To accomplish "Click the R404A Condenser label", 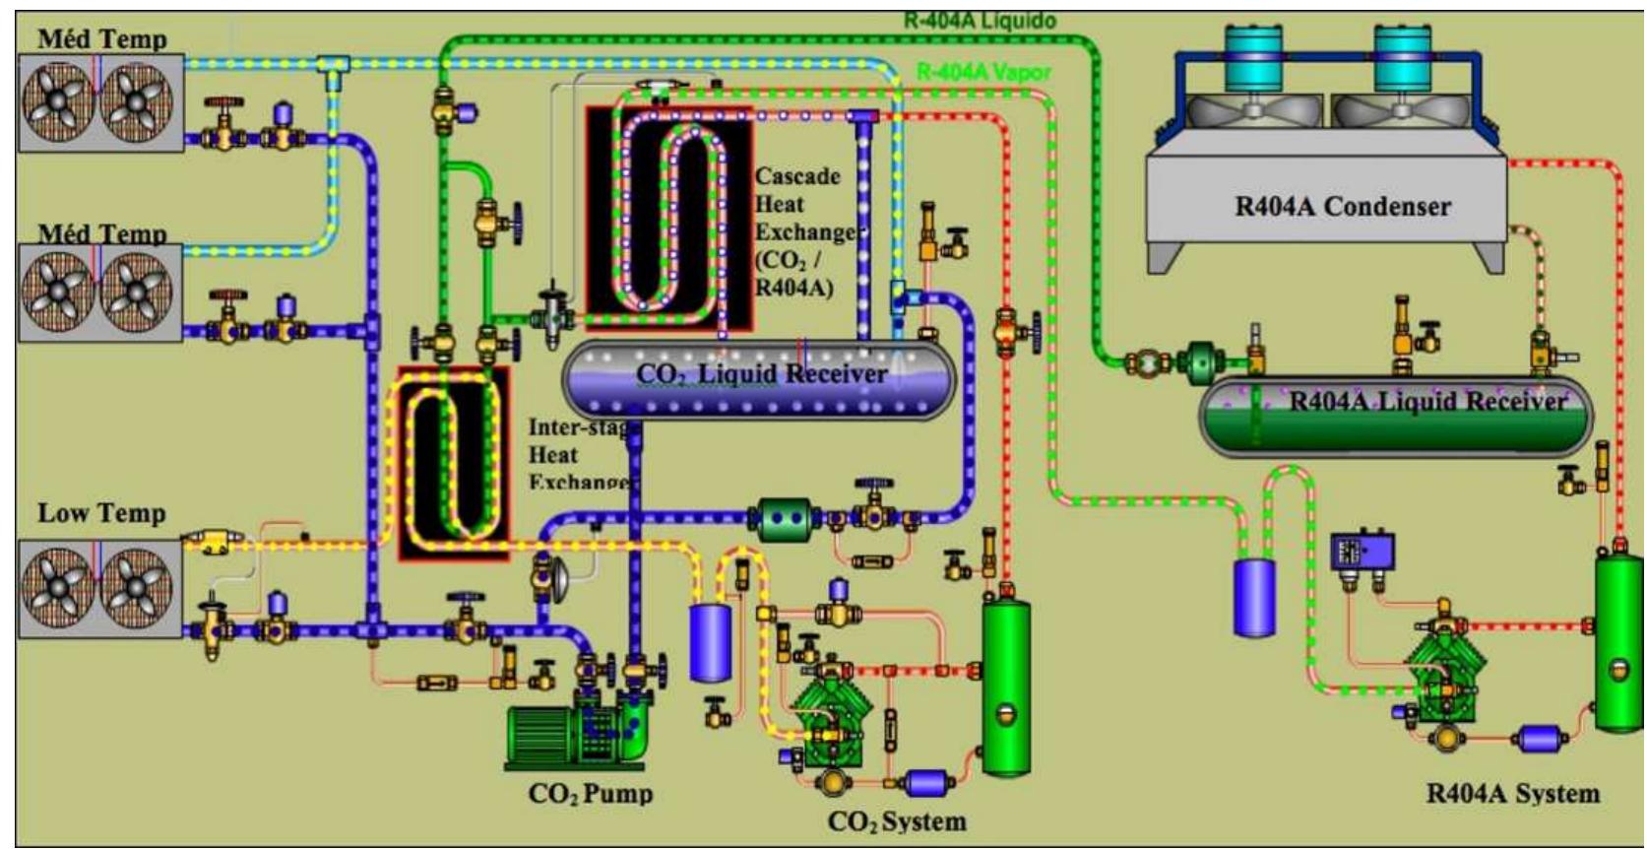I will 1342,207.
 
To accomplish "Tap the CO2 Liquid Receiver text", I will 761,374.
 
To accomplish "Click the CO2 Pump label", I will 590,793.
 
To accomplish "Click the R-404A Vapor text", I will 982,72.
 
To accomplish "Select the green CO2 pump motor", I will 551,734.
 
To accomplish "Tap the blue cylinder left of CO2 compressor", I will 710,642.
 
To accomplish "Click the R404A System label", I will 1512,793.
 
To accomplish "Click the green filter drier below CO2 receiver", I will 785,518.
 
